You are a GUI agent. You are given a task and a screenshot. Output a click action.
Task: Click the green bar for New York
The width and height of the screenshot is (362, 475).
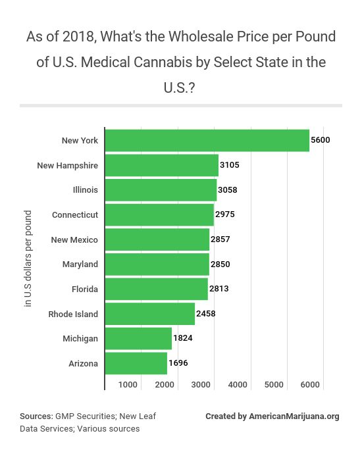click(207, 140)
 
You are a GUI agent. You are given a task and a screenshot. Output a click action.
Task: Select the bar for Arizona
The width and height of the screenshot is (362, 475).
click(136, 363)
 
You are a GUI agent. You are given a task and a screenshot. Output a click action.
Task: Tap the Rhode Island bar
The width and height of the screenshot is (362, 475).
click(149, 314)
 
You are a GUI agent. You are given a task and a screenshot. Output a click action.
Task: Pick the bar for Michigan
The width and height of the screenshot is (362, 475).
click(138, 338)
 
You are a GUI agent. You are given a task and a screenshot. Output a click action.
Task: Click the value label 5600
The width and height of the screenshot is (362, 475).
click(321, 140)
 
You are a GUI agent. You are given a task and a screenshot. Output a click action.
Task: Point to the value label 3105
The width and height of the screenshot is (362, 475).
click(230, 165)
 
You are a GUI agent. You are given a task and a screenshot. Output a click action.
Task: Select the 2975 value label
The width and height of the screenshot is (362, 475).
click(225, 214)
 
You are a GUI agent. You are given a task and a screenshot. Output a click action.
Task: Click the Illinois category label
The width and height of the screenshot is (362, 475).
click(85, 190)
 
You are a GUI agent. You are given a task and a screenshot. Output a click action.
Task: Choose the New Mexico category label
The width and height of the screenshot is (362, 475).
click(74, 239)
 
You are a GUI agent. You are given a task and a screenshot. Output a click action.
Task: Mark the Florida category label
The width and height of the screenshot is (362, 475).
click(84, 289)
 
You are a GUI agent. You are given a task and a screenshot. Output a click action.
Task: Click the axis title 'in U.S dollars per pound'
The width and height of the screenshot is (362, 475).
click(28, 259)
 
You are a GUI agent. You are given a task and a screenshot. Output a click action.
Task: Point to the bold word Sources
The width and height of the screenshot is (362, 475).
click(36, 416)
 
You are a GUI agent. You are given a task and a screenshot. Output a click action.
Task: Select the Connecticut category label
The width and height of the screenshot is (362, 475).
click(75, 214)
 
